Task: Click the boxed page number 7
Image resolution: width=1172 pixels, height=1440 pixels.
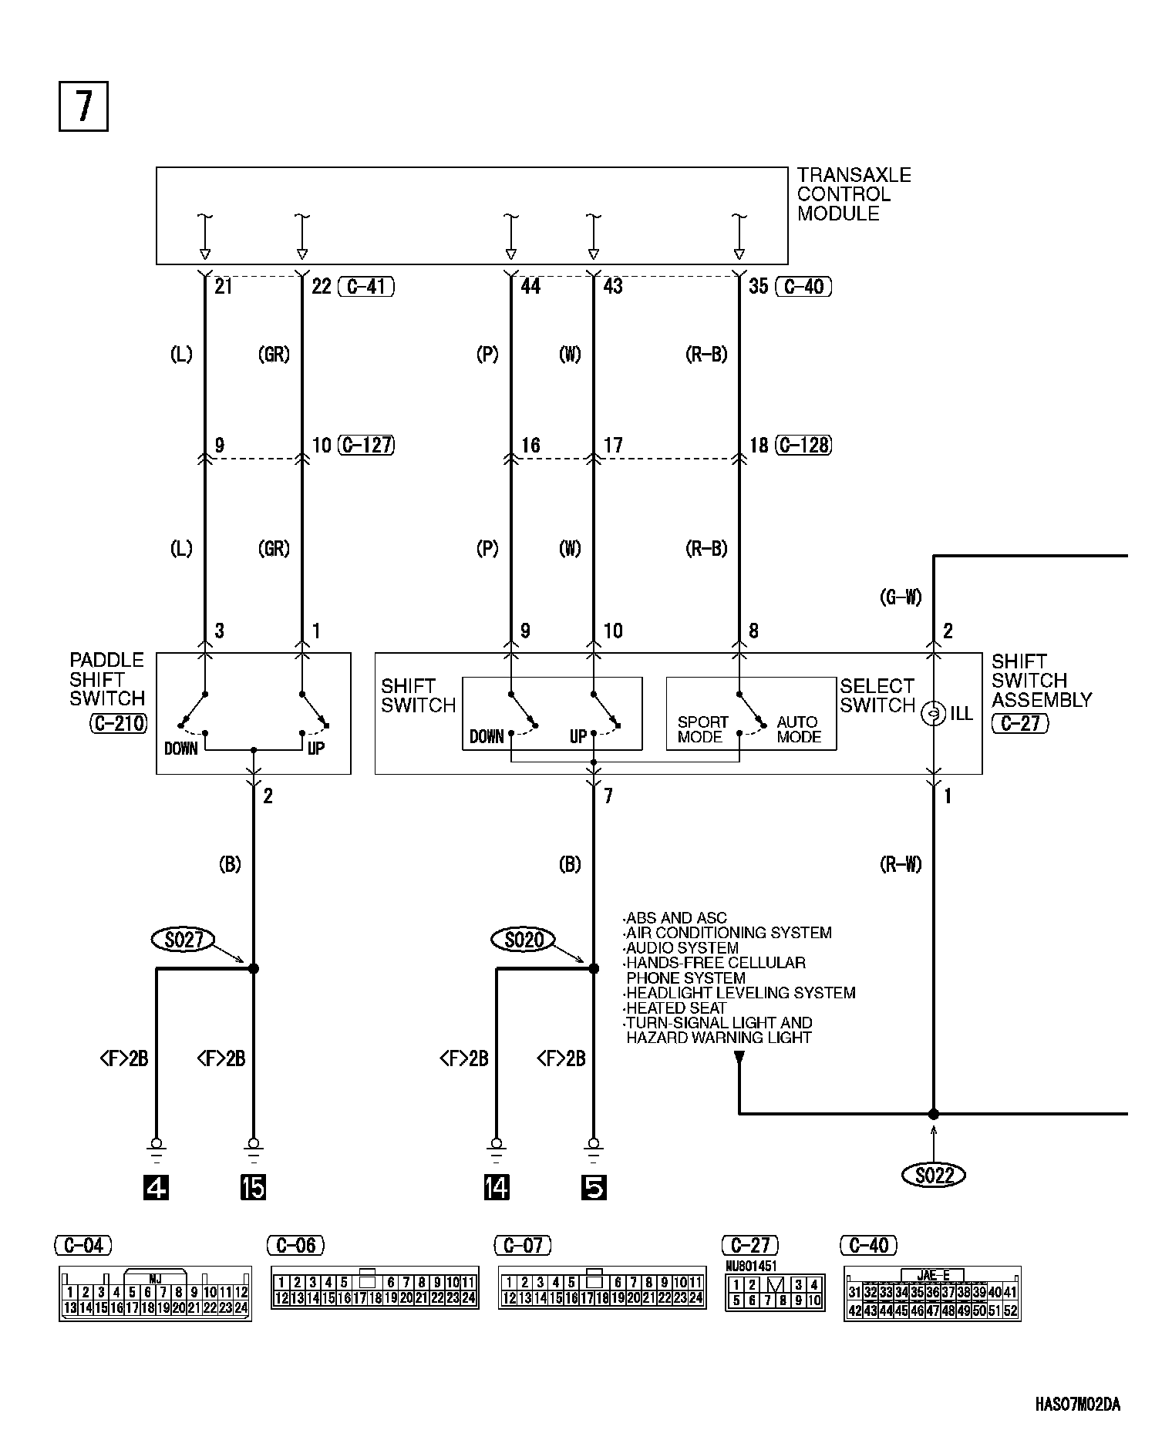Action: click(x=83, y=106)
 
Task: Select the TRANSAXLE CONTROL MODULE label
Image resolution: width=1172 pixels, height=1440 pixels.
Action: click(x=853, y=195)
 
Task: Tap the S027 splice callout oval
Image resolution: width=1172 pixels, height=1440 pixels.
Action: click(x=184, y=939)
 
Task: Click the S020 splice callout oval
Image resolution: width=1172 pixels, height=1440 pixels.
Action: click(x=524, y=939)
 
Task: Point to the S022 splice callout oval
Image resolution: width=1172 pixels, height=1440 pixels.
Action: click(x=933, y=1175)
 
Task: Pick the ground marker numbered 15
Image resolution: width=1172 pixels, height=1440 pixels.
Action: click(x=253, y=1188)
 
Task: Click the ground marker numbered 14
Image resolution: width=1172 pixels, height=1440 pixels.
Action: click(x=497, y=1188)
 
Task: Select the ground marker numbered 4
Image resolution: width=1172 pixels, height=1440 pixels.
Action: click(x=157, y=1188)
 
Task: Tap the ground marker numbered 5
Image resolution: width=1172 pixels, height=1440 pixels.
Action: click(x=594, y=1188)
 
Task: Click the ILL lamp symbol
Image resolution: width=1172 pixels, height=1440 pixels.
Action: click(x=933, y=714)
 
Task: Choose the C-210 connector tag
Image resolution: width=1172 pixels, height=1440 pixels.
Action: click(x=118, y=723)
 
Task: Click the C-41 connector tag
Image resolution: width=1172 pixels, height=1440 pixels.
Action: click(x=366, y=287)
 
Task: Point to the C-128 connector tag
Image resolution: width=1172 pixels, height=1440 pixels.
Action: click(x=803, y=446)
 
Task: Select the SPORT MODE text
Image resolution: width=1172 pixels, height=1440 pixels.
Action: click(x=702, y=729)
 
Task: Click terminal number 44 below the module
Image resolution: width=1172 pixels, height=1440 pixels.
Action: click(x=530, y=287)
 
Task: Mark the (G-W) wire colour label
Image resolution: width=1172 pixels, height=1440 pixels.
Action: click(x=901, y=597)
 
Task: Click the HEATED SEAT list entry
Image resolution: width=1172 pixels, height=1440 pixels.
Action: click(x=676, y=1008)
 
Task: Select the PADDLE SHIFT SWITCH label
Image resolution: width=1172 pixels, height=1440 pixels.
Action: click(x=107, y=679)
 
